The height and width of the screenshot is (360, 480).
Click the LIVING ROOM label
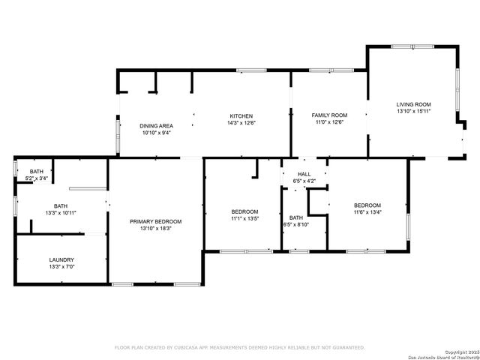(x=413, y=104)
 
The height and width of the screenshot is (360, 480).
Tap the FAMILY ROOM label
(x=329, y=115)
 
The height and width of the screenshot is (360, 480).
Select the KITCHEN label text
(x=241, y=115)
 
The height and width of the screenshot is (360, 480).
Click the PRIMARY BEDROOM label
(x=155, y=221)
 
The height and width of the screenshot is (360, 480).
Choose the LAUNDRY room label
(x=61, y=259)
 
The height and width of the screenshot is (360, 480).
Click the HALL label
(x=304, y=174)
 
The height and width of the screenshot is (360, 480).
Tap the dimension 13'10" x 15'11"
(x=413, y=112)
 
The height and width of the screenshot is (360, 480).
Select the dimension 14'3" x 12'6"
(x=241, y=123)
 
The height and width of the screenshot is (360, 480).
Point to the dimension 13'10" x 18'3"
(x=155, y=229)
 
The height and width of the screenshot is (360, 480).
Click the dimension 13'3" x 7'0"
(x=61, y=267)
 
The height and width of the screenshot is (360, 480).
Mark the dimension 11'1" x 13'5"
(x=244, y=219)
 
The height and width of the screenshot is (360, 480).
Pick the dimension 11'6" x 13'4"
(x=367, y=213)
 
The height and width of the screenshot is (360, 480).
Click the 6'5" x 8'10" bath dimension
(x=295, y=224)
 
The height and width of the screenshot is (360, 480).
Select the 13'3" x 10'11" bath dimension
(x=61, y=213)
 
